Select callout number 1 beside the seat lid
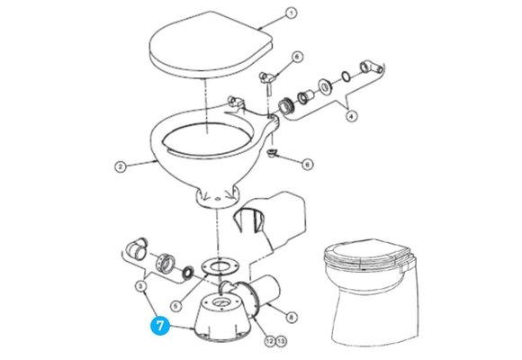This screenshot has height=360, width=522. [291, 13]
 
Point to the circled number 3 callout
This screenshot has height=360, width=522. [141, 286]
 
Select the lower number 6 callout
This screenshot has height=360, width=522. [307, 165]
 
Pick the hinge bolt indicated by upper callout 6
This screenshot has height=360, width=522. [266, 79]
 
